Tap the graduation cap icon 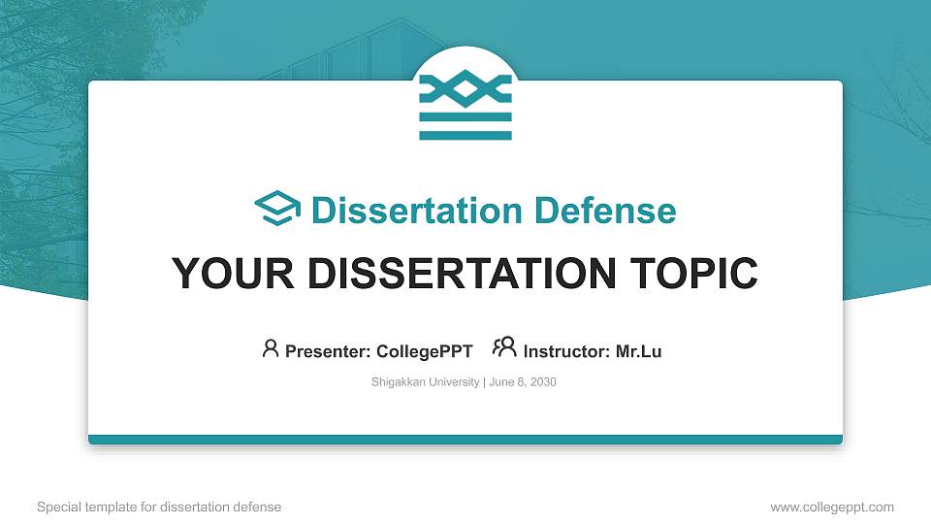pos(277,210)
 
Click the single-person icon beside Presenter pos(271,348)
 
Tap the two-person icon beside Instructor pos(504,347)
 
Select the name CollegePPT pos(424,351)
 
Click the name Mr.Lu pos(638,351)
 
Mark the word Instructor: pos(566,351)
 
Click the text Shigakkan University pos(425,382)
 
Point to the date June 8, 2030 pos(523,382)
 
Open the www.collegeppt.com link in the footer pos(831,507)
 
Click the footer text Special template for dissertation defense pos(159,507)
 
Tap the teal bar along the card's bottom pos(465,440)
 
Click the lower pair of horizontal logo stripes pos(465,126)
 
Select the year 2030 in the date pos(543,382)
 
